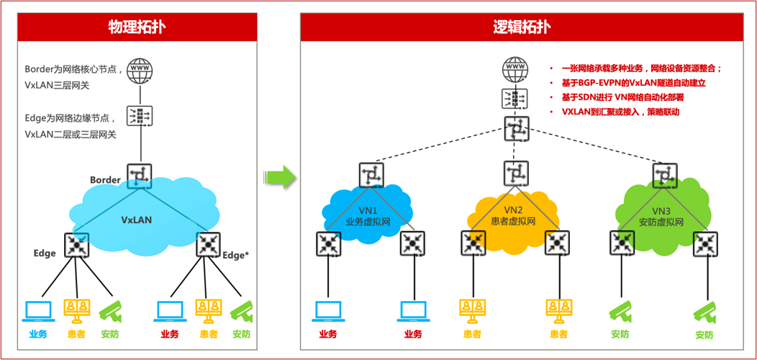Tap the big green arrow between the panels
(279, 176)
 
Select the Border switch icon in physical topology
(139, 175)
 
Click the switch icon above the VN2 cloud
(516, 173)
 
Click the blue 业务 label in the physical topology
(38, 334)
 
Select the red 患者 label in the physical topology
(208, 334)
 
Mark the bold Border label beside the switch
(105, 179)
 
